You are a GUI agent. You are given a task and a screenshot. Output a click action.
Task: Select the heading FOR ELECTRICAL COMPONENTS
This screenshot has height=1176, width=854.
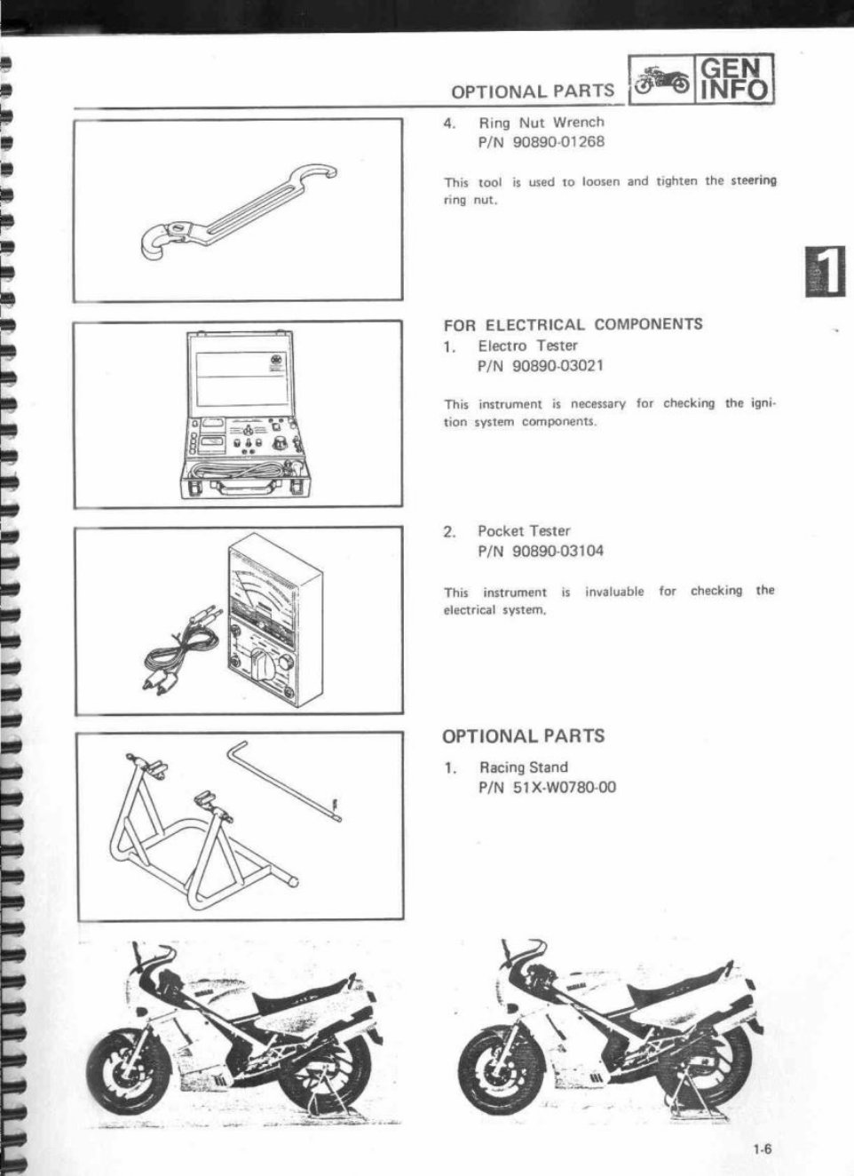[573, 325]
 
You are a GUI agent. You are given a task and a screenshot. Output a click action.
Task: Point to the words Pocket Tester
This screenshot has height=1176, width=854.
[524, 531]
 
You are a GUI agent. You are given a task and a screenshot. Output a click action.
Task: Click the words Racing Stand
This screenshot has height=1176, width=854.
[524, 767]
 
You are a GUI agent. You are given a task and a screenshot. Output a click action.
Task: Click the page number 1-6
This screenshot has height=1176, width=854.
[762, 1148]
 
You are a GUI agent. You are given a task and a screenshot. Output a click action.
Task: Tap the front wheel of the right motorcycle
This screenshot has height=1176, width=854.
[494, 1065]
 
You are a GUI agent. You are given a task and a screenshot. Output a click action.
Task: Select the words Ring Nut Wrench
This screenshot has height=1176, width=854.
[542, 123]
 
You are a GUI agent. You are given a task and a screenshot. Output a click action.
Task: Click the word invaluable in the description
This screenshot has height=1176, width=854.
[614, 592]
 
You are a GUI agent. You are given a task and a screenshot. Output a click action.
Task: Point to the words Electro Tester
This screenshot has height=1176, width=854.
[527, 346]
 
